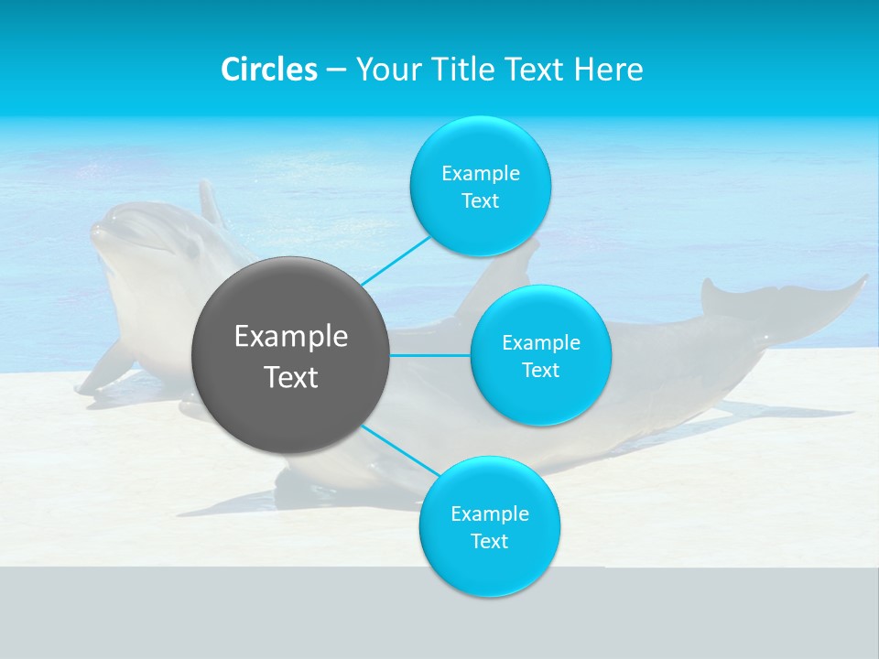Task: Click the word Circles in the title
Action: click(x=268, y=69)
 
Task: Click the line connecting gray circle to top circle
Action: click(x=395, y=260)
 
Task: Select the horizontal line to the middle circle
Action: click(x=430, y=355)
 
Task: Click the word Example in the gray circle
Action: click(x=290, y=337)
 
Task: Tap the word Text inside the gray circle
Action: click(x=290, y=376)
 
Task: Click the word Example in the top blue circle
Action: click(x=480, y=173)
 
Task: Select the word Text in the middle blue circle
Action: click(x=540, y=370)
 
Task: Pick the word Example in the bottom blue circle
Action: click(x=489, y=513)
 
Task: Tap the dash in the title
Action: click(x=336, y=70)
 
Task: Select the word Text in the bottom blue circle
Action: click(x=489, y=541)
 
